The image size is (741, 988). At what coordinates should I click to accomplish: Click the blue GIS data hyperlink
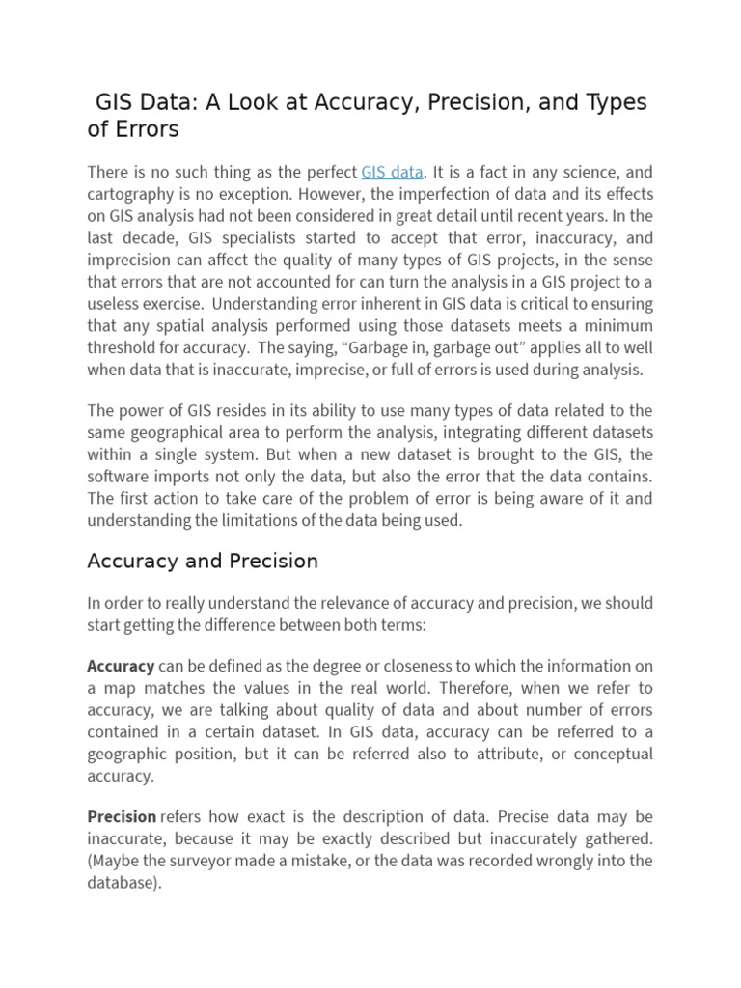[392, 173]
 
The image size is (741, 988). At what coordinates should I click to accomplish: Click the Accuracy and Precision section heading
[203, 562]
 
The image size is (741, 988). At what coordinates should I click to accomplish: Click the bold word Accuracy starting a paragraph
[121, 666]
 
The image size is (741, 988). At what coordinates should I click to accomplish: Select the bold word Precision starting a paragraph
[123, 816]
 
